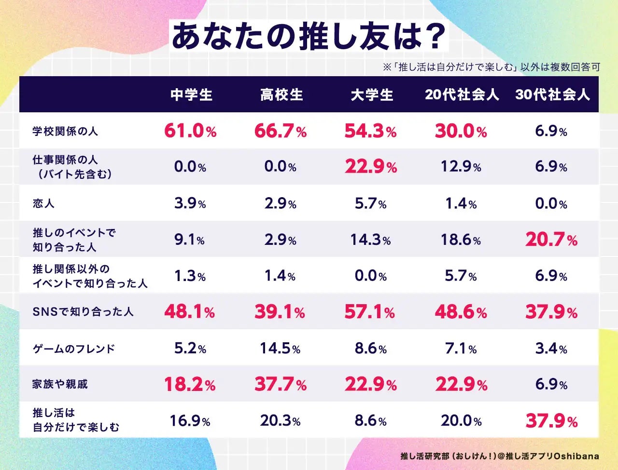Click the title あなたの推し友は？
pyautogui.click(x=309, y=36)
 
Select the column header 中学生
pyautogui.click(x=191, y=94)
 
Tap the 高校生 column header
pyautogui.click(x=281, y=94)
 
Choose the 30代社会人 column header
pyautogui.click(x=552, y=94)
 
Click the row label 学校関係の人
pyautogui.click(x=65, y=131)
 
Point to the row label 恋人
pyautogui.click(x=43, y=203)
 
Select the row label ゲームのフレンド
pyautogui.click(x=74, y=349)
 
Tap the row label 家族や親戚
pyautogui.click(x=60, y=384)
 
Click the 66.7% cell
pyautogui.click(x=281, y=131)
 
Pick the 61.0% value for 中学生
pyautogui.click(x=190, y=131)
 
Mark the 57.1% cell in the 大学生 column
pyautogui.click(x=370, y=312)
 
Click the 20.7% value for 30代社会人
pyautogui.click(x=551, y=240)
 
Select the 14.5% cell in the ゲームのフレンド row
pyautogui.click(x=281, y=349)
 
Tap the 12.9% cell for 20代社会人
pyautogui.click(x=461, y=167)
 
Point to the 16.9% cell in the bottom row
pyautogui.click(x=190, y=421)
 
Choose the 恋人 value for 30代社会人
pyautogui.click(x=551, y=203)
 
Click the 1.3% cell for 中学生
pyautogui.click(x=190, y=276)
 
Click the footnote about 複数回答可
pyautogui.click(x=491, y=67)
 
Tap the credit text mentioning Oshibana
pyautogui.click(x=500, y=456)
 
